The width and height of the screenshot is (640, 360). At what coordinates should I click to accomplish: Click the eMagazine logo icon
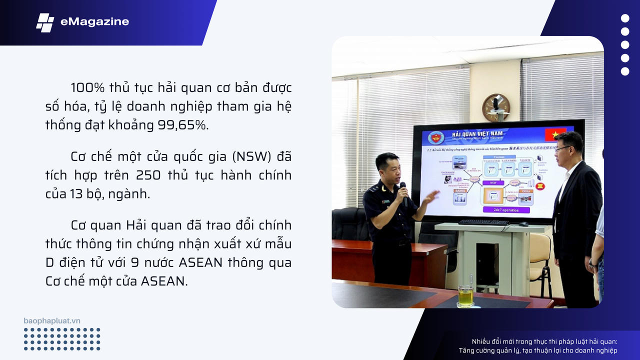(x=45, y=22)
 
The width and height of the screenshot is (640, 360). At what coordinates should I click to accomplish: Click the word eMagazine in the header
(x=94, y=21)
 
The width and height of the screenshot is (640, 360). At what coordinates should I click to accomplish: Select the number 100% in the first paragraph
(x=87, y=88)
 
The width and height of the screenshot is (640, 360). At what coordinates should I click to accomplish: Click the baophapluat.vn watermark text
(x=52, y=320)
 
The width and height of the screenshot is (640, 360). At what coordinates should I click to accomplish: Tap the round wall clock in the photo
(x=496, y=107)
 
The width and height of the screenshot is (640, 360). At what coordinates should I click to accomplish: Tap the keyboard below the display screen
(x=483, y=222)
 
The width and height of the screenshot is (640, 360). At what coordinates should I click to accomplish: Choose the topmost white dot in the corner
(x=625, y=18)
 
